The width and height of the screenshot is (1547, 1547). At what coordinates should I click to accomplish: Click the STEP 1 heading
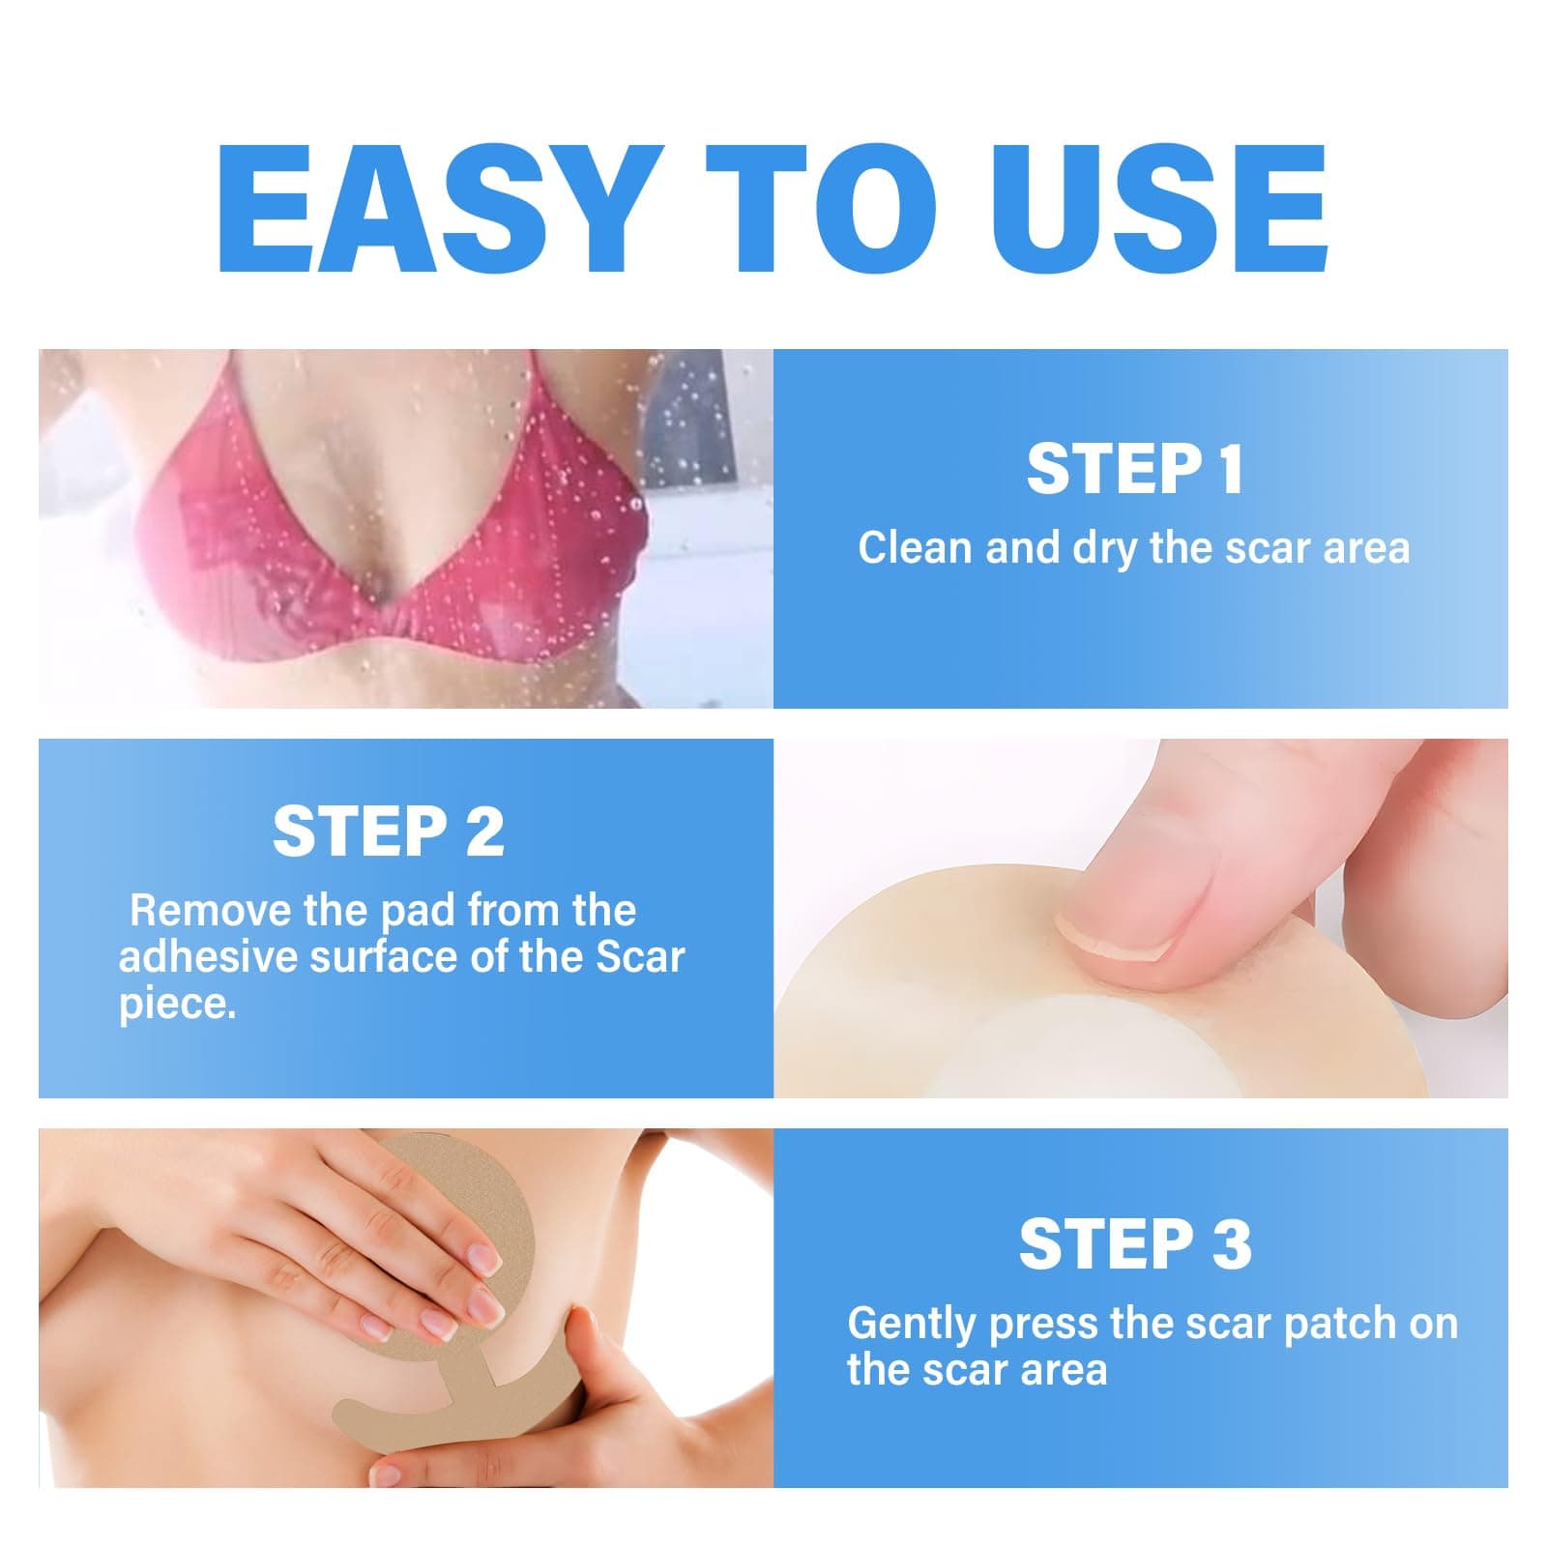coord(1134,470)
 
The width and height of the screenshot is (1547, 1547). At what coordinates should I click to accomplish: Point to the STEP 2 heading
coord(388,832)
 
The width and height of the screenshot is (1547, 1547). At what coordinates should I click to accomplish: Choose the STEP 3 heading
coord(1135,1244)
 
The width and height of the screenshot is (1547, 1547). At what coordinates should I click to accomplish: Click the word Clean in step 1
coord(914,548)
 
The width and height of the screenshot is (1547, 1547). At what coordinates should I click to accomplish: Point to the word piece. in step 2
coord(177,1006)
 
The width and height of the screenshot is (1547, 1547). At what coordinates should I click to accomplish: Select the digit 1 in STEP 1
coord(1229,470)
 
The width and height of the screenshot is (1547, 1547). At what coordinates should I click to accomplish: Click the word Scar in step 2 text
coord(640,957)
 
